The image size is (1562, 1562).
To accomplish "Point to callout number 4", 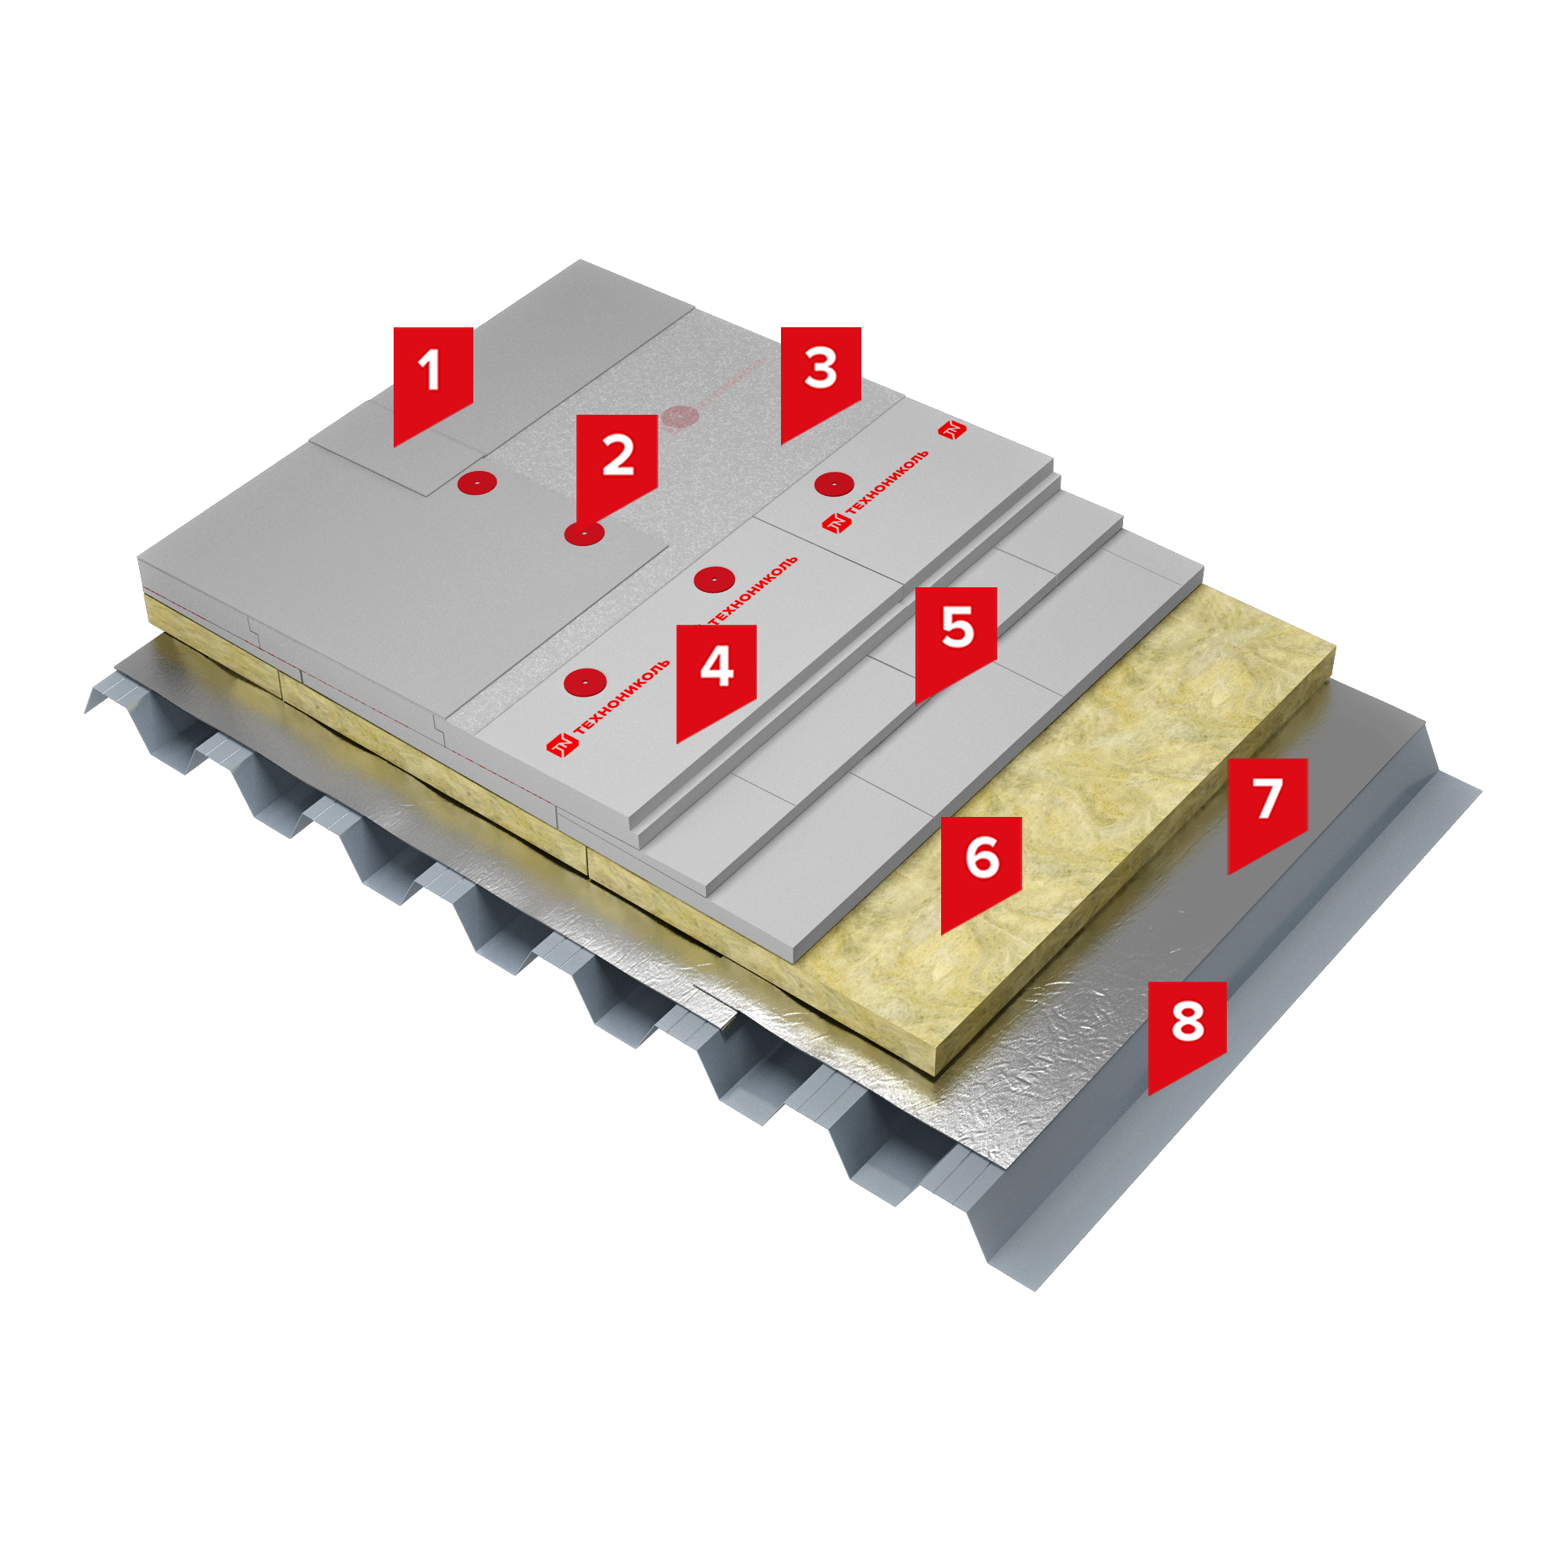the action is tap(715, 674).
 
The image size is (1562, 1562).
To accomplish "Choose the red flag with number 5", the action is tap(956, 637).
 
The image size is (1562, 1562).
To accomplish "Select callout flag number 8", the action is tap(1187, 1031).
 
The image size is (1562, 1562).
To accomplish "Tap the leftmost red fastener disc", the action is tap(476, 483).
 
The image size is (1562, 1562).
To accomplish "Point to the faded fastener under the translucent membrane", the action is tap(679, 417).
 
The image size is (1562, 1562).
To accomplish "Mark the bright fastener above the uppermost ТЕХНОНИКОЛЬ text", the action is tap(834, 484).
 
